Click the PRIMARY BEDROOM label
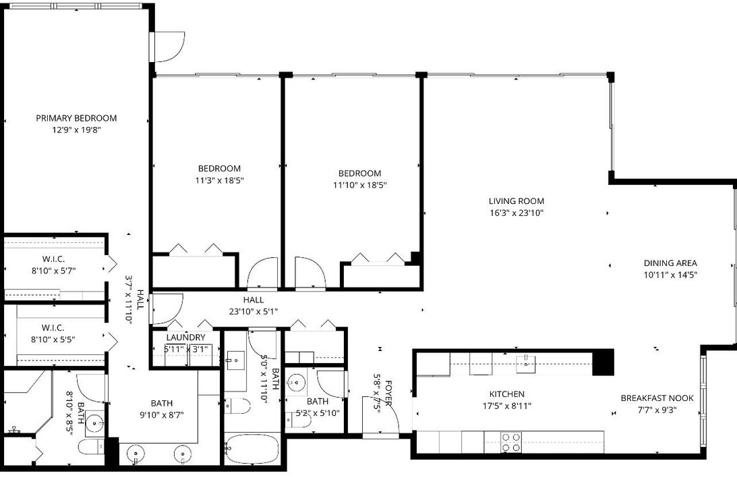(76, 118)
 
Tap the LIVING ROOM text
(516, 201)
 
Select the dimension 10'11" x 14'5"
(670, 275)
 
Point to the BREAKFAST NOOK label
(657, 398)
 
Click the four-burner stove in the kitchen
(511, 442)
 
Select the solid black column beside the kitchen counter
(603, 362)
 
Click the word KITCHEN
(506, 394)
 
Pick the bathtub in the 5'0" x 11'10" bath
(251, 449)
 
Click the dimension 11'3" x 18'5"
(219, 180)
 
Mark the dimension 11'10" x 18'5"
(359, 185)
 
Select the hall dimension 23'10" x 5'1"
(254, 312)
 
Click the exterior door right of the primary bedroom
(169, 47)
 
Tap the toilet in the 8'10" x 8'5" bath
(89, 447)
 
